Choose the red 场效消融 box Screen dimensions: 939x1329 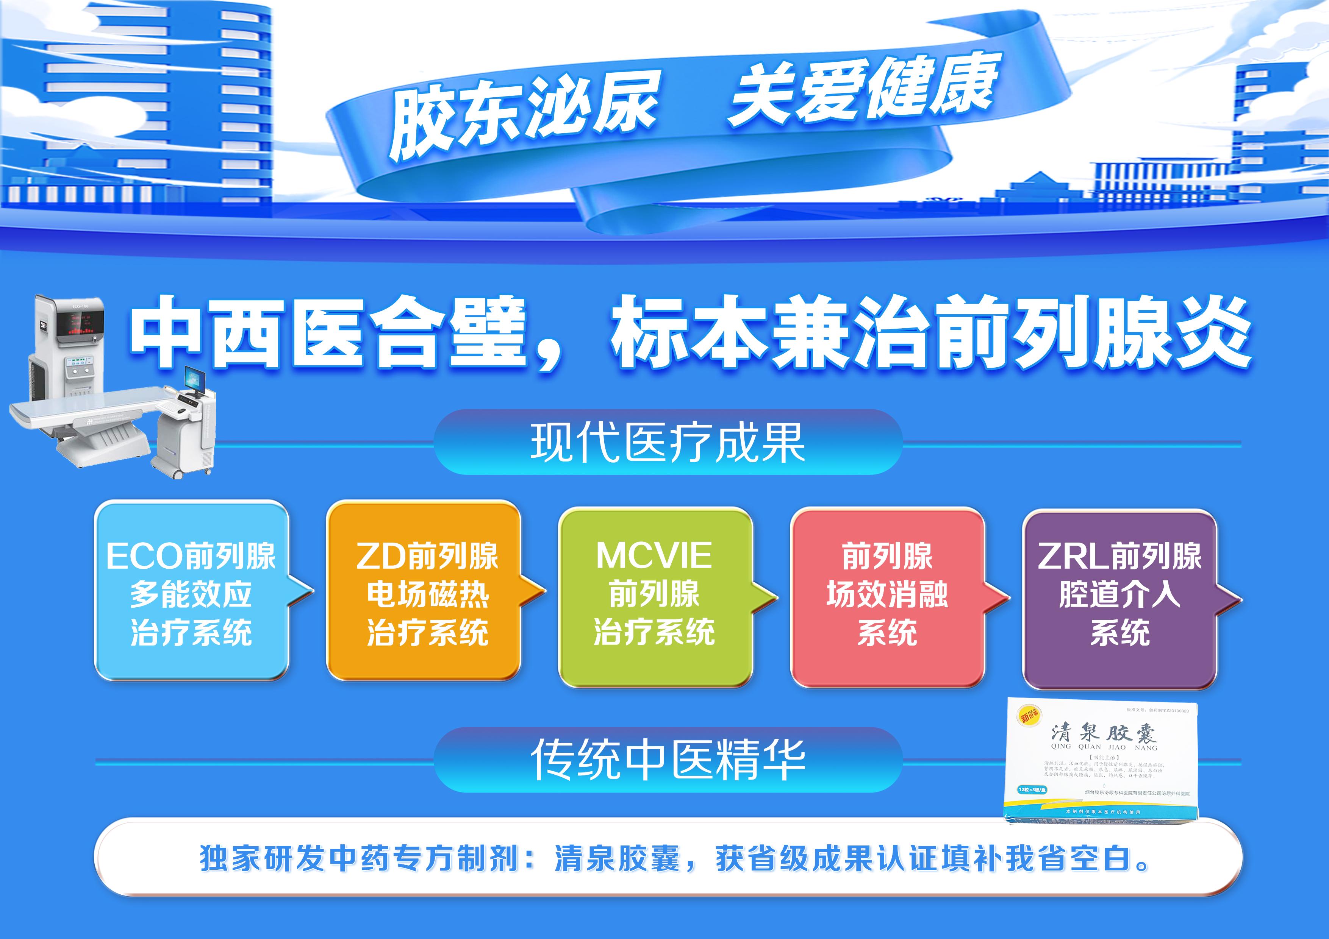[887, 596]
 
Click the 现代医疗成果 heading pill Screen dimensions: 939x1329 [668, 443]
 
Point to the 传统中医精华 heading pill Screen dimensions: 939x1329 [668, 760]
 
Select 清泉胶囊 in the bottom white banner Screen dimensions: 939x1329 [616, 858]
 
